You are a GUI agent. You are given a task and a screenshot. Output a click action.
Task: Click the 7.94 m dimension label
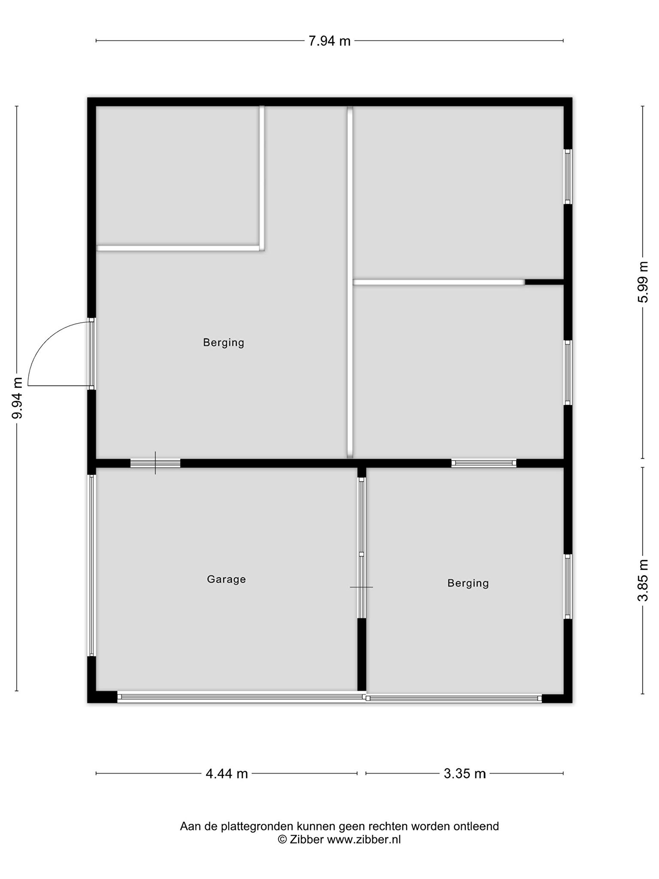coord(329,41)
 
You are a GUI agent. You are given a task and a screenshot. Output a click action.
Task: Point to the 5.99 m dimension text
coord(642,282)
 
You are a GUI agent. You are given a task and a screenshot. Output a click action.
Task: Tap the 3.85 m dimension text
coord(642,580)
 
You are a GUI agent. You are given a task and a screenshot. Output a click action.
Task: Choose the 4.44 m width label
coord(227,773)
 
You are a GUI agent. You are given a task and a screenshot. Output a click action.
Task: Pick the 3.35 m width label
coord(465,773)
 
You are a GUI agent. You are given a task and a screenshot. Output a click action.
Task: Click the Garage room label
coord(226,579)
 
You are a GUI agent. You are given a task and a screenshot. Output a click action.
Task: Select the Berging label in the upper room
coord(224,343)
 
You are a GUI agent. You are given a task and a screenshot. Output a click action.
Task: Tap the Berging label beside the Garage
coord(468,583)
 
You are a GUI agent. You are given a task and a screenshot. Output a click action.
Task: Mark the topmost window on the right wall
coord(568,177)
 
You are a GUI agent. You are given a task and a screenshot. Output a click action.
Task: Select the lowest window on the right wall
coord(568,586)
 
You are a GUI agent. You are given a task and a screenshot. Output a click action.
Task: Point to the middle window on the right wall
coord(568,373)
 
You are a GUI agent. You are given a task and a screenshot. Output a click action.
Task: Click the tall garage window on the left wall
coord(91,565)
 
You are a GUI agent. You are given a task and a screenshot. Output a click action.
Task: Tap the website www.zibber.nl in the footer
coord(364,840)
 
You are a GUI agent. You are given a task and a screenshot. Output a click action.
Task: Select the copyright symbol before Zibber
coord(282,840)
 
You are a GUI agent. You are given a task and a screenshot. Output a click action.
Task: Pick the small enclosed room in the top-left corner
coord(178,176)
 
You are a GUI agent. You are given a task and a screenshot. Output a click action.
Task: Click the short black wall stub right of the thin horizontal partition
coord(544,282)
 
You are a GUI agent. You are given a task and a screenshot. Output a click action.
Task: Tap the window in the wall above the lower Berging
coord(484,463)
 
